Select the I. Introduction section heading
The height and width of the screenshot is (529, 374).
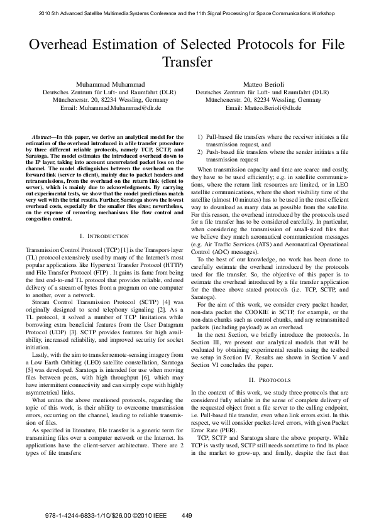click(x=105, y=236)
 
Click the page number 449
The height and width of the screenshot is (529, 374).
click(x=186, y=515)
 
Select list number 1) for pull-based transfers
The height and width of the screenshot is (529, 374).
click(x=201, y=136)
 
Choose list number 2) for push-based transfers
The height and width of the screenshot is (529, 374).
click(x=201, y=151)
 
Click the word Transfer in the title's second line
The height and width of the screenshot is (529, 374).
click(x=187, y=63)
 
